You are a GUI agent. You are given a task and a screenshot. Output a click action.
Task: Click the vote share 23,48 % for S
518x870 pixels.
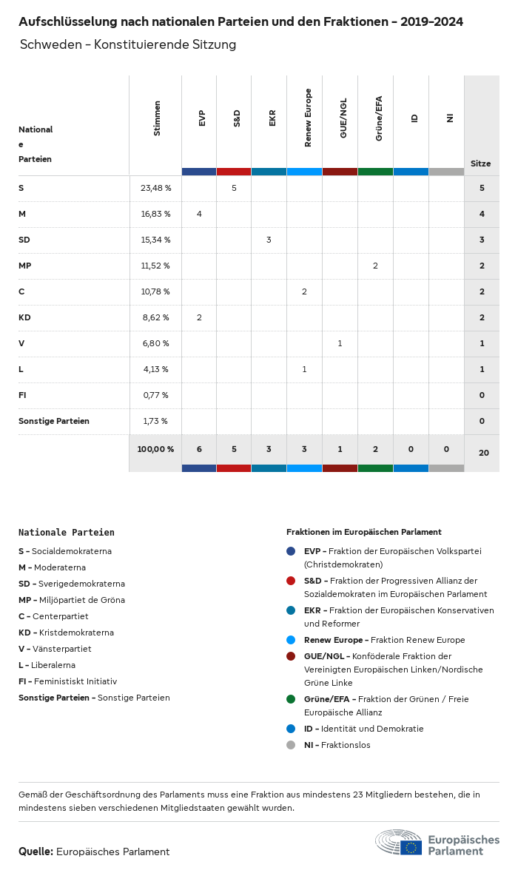[155, 188]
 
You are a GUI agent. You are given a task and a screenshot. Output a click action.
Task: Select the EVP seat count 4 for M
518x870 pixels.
[199, 214]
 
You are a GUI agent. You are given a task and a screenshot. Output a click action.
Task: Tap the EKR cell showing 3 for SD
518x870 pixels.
[269, 240]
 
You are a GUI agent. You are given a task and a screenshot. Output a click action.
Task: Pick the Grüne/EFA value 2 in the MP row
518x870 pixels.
[375, 266]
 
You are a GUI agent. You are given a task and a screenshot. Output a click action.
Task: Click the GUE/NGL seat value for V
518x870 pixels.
[340, 343]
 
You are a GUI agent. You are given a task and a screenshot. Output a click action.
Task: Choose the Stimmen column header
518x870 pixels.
[157, 118]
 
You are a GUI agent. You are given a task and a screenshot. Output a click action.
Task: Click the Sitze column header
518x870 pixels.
[481, 163]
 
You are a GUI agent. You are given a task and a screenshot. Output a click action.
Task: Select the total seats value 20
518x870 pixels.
[483, 451]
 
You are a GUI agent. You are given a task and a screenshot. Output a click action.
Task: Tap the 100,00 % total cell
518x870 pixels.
[155, 449]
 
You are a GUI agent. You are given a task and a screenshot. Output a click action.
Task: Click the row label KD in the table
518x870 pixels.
[24, 317]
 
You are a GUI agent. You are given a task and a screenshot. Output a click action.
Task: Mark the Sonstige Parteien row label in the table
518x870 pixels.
[54, 421]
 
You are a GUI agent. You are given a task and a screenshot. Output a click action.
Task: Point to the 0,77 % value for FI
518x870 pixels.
[155, 395]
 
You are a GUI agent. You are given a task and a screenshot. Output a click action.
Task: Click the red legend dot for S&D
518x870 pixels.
[291, 581]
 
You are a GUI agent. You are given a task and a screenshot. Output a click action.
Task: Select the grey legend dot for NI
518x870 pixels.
[291, 745]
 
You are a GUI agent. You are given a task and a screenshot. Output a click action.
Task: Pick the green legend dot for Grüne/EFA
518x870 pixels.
[291, 699]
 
